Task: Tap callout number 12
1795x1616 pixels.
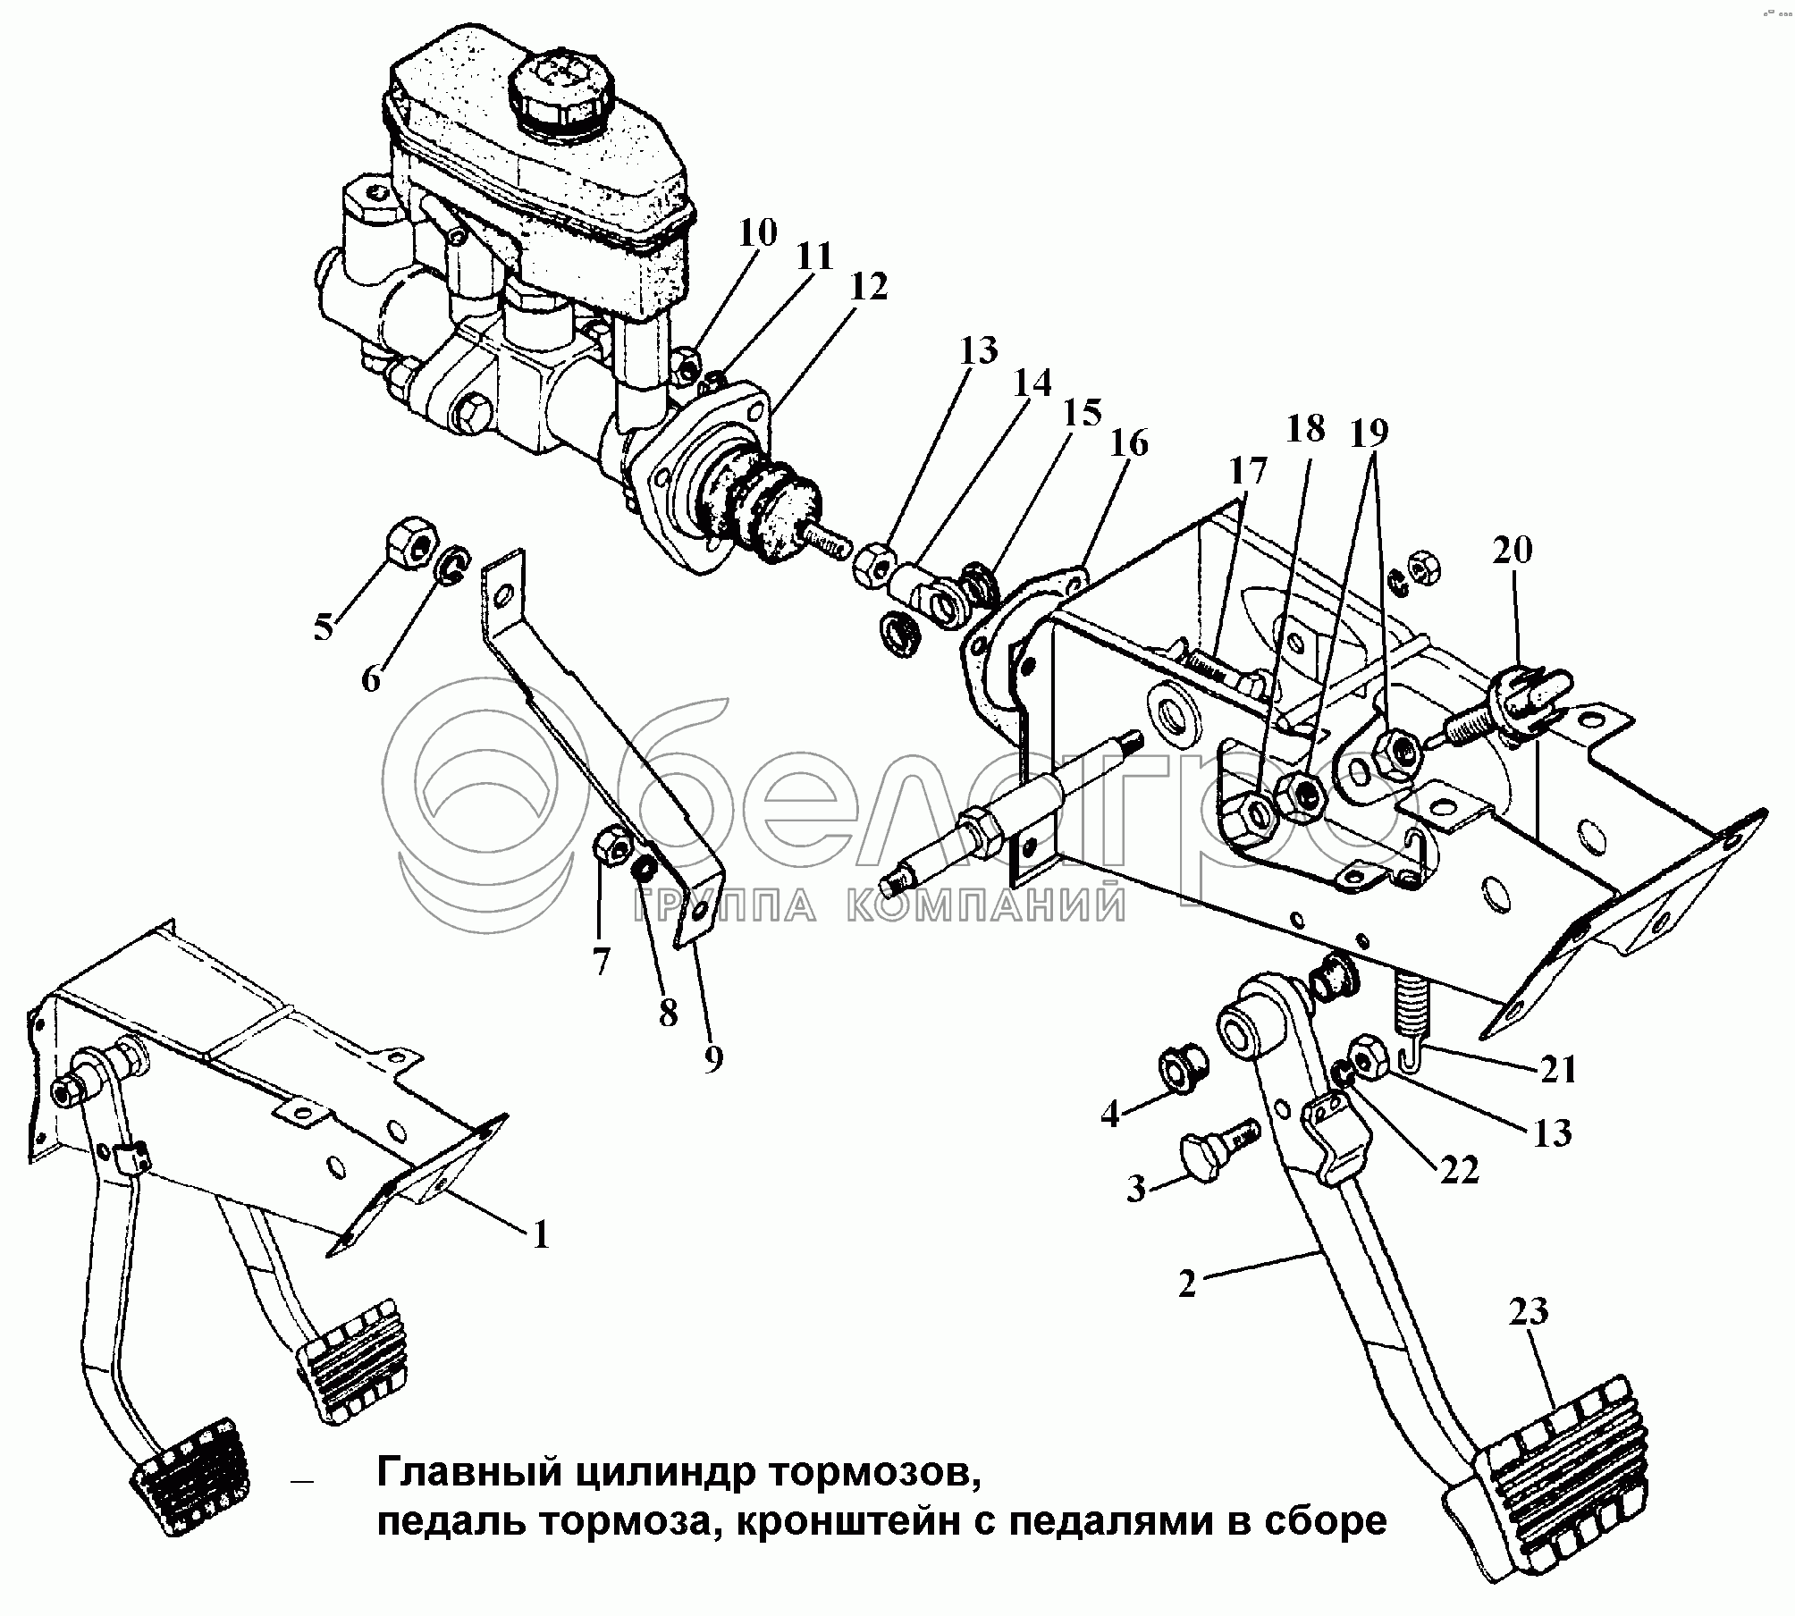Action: tap(868, 288)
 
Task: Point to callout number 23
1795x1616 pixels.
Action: tap(1528, 1312)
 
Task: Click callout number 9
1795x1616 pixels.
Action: tap(712, 1059)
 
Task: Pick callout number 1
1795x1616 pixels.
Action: tap(540, 1234)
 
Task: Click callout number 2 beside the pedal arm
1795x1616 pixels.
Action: tap(1186, 1284)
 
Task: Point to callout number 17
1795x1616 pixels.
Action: tap(1248, 471)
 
